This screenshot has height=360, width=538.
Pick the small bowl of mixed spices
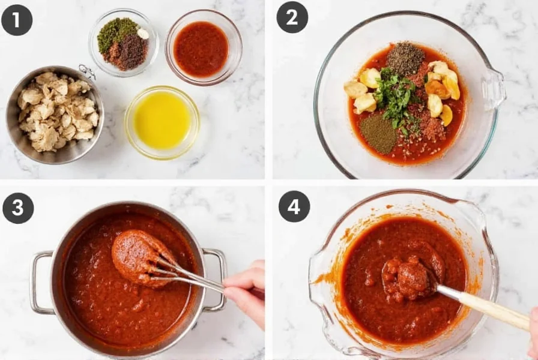[x=123, y=43]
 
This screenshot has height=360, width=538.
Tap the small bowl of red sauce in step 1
[x=202, y=48]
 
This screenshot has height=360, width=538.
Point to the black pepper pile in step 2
[x=405, y=58]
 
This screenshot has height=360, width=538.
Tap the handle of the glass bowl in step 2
[x=495, y=88]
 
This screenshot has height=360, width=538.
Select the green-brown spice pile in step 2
[x=378, y=133]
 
